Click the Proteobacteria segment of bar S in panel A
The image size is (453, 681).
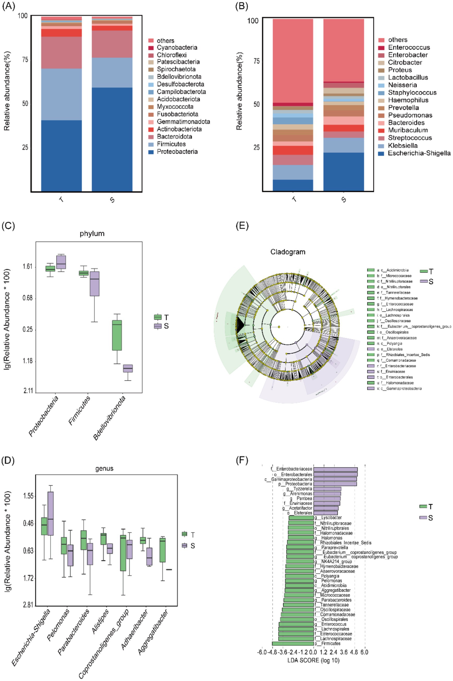112,139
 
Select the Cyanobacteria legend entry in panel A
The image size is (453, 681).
177,47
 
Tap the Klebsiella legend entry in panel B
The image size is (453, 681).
402,145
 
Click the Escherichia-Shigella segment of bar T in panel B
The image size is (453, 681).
293,185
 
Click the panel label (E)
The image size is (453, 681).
242,225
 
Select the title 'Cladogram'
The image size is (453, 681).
288,252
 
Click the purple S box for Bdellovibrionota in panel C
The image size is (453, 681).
128,368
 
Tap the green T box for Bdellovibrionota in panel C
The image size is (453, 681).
117,335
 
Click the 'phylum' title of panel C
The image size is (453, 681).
92,233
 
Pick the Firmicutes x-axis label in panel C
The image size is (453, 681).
80,410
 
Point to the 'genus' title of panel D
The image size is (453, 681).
104,468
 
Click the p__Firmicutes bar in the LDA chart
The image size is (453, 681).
293,643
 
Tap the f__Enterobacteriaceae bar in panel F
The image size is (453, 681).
335,469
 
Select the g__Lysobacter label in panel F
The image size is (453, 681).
328,517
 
